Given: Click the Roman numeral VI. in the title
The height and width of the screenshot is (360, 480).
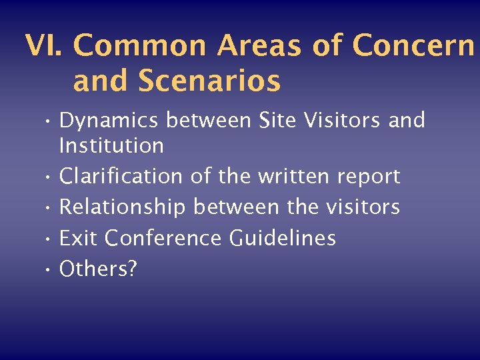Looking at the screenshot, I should pyautogui.click(x=45, y=46).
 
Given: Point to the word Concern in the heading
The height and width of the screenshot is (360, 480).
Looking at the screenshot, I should pyautogui.click(x=413, y=46).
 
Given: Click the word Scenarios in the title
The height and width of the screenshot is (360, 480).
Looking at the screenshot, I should pyautogui.click(x=211, y=82).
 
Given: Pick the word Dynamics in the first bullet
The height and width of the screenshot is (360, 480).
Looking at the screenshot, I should pyautogui.click(x=109, y=121).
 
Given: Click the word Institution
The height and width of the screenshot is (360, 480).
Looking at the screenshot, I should pyautogui.click(x=111, y=145).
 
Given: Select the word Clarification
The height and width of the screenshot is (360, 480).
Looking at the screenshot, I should pyautogui.click(x=121, y=177).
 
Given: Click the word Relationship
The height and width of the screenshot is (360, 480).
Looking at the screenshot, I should pyautogui.click(x=123, y=207).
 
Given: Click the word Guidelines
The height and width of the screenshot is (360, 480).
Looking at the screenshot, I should pyautogui.click(x=283, y=238).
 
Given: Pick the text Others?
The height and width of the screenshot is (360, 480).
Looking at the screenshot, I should pyautogui.click(x=98, y=269).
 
